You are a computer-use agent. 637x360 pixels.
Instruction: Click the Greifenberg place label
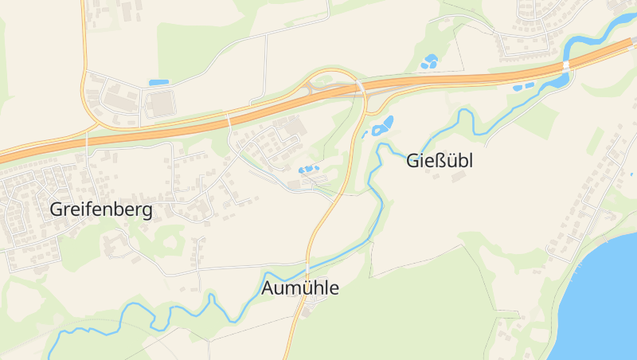[x=101, y=209]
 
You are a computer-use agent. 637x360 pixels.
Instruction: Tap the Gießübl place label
[x=440, y=161]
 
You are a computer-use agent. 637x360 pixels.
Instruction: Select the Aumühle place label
[x=300, y=288]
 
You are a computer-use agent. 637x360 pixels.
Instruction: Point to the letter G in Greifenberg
[x=57, y=209]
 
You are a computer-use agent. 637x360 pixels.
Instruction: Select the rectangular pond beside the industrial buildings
[x=159, y=82]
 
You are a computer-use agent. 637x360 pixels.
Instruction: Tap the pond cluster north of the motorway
[x=430, y=60]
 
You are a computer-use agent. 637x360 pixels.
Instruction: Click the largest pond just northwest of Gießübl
[x=385, y=124]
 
